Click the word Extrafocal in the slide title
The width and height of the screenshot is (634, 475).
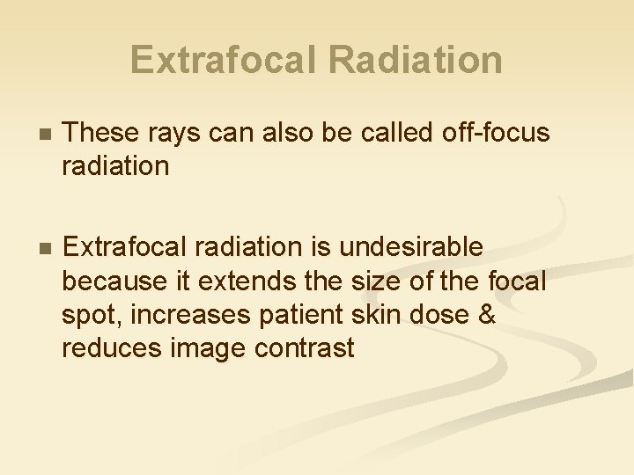(x=226, y=60)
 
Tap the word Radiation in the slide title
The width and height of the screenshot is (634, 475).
(x=415, y=60)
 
